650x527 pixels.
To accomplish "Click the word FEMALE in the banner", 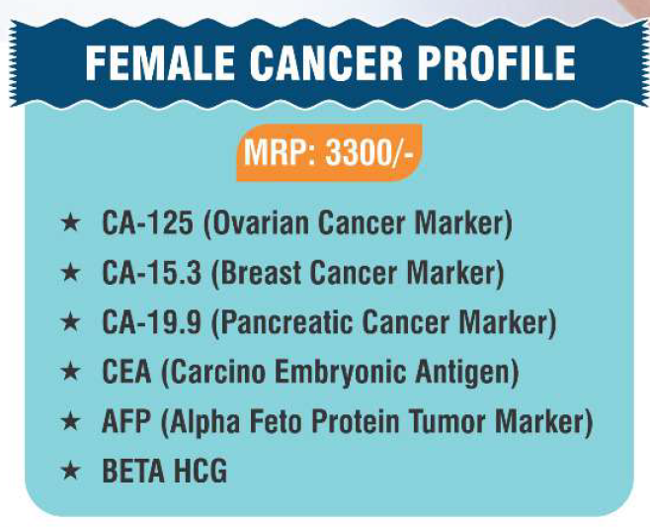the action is click(x=160, y=63).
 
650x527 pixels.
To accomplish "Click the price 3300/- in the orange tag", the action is click(x=369, y=152).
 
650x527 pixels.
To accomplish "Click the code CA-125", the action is click(x=147, y=222).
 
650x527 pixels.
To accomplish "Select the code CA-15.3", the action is click(x=152, y=273).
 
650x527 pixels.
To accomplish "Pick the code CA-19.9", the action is click(x=152, y=322).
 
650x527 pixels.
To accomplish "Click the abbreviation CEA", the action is click(x=126, y=372).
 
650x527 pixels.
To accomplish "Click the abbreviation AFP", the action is click(x=126, y=421).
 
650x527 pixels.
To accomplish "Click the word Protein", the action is click(x=355, y=421).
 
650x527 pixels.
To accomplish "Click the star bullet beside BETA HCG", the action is click(x=70, y=471).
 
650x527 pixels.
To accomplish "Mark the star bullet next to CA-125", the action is click(x=70, y=222).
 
